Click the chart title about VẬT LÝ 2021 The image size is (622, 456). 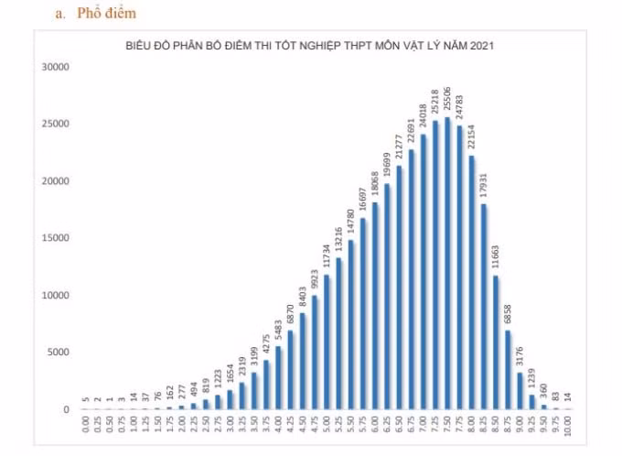pyautogui.click(x=310, y=46)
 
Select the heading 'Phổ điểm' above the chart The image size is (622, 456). pyautogui.click(x=106, y=13)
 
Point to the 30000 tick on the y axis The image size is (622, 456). pyautogui.click(x=56, y=67)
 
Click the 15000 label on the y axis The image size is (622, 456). pyautogui.click(x=56, y=238)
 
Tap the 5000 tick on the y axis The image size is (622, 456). pyautogui.click(x=58, y=353)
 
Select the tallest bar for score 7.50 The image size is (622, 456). pyautogui.click(x=447, y=264)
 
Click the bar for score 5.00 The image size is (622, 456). pyautogui.click(x=327, y=342)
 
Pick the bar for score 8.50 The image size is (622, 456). pyautogui.click(x=496, y=342)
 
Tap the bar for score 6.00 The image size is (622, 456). pyautogui.click(x=375, y=306)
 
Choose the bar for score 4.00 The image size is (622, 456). pyautogui.click(x=278, y=378)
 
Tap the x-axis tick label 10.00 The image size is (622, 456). pyautogui.click(x=568, y=426)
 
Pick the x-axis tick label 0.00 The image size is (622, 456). pyautogui.click(x=85, y=425)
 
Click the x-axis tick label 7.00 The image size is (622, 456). pyautogui.click(x=423, y=425)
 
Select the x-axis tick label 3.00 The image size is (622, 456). pyautogui.click(x=230, y=425)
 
